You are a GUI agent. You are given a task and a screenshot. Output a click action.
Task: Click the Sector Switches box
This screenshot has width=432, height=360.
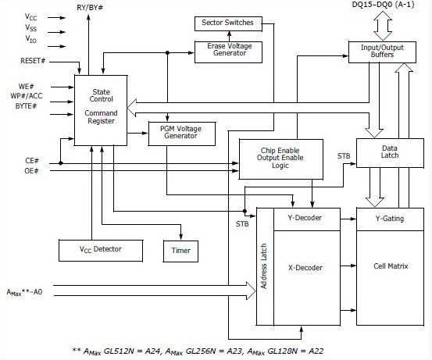(x=228, y=23)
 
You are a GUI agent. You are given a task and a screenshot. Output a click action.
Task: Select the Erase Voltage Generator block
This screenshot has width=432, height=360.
(x=228, y=52)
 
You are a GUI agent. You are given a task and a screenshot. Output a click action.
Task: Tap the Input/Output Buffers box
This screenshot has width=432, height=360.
(x=380, y=51)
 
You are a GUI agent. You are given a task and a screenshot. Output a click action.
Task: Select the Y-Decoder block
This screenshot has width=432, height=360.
(x=310, y=219)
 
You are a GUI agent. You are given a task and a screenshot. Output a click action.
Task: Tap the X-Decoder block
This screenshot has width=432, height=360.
(x=310, y=268)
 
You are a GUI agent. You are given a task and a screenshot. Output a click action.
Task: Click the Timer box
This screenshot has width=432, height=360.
(x=180, y=251)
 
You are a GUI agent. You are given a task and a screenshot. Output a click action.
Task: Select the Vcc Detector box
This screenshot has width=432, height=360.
(x=102, y=250)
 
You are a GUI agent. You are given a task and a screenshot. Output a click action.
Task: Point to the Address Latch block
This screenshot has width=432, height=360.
(x=264, y=266)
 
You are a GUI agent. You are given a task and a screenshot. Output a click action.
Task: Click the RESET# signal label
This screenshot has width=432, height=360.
(x=34, y=60)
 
